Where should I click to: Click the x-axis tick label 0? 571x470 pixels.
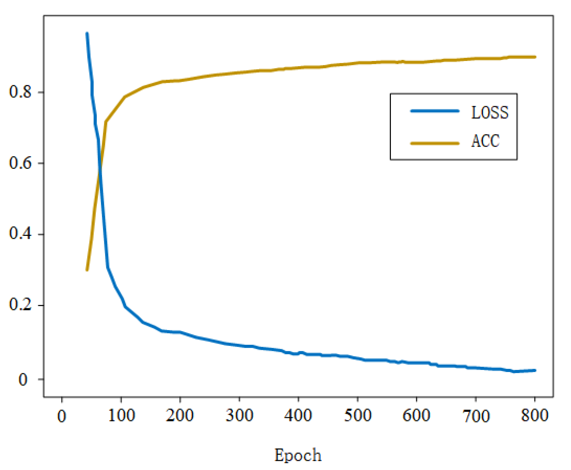[62, 416]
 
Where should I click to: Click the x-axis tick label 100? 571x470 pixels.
[121, 416]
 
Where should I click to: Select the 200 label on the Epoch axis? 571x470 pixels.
[180, 416]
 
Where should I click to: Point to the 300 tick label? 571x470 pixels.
[239, 416]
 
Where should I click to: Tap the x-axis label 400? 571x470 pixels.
[298, 416]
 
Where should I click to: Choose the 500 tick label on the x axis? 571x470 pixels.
[358, 416]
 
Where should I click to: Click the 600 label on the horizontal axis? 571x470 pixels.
[416, 416]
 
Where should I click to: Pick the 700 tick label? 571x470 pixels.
[476, 416]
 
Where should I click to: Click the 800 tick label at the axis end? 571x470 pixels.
[534, 416]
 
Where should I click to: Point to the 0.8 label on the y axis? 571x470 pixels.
[20, 92]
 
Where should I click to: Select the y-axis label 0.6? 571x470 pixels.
[20, 163]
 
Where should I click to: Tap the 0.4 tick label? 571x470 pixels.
[20, 234]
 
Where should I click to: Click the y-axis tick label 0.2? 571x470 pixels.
[20, 305]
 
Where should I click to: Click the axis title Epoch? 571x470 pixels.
[298, 455]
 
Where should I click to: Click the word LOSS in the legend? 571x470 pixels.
[489, 113]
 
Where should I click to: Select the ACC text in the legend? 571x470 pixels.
[485, 141]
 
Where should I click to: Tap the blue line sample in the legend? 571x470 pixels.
[435, 111]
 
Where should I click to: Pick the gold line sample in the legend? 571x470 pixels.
[435, 143]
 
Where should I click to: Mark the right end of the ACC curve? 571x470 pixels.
[535, 57]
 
